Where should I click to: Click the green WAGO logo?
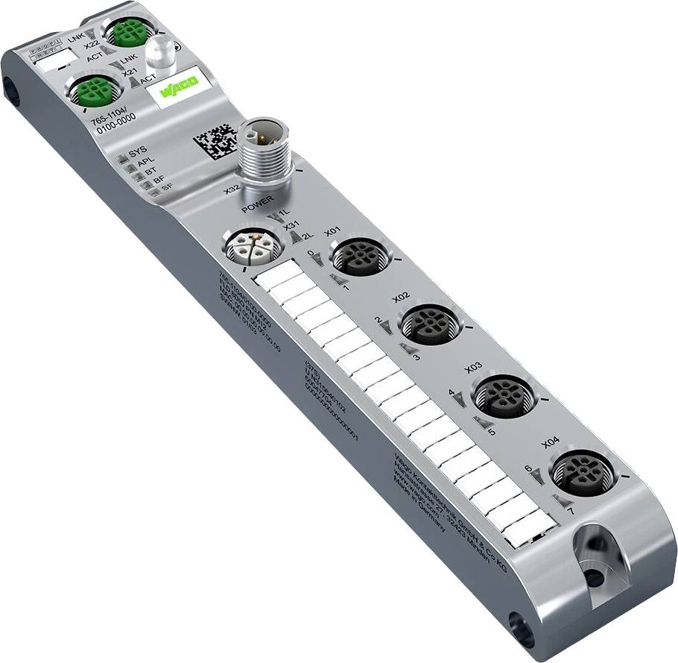180,84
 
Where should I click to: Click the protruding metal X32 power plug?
262,141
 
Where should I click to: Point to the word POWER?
258,201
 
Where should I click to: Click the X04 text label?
551,443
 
